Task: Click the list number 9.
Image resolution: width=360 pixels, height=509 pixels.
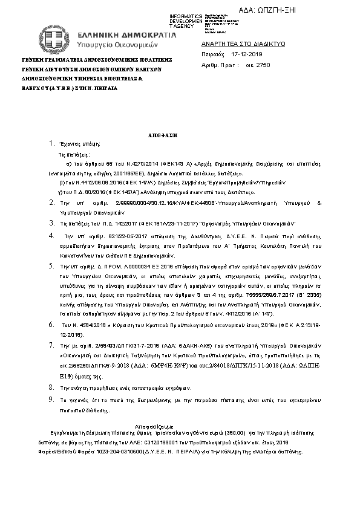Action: coord(51,400)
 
